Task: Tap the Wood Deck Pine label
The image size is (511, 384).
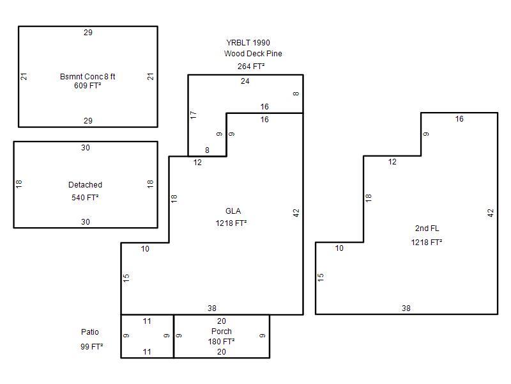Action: coord(253,54)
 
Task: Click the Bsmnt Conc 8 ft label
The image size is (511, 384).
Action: coord(88,77)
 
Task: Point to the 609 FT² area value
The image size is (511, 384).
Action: coord(88,85)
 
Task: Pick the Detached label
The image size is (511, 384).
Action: coord(85,185)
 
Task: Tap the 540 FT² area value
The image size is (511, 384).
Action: coord(85,198)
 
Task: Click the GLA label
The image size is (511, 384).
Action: coord(233,211)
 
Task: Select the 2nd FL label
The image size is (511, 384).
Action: coord(427,228)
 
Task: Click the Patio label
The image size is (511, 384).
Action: coord(90,332)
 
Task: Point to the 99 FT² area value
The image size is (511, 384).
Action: coord(92,346)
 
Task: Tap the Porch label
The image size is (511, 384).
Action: coord(222,332)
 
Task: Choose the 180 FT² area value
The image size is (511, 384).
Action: coord(222,342)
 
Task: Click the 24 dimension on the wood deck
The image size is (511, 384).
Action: coord(245,81)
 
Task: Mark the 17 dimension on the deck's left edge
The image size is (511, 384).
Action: coord(193,115)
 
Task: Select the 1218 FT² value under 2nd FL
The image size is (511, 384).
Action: coord(427,243)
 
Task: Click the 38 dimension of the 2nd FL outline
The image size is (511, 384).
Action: coord(406,308)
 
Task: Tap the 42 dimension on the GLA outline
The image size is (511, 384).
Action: coord(296,212)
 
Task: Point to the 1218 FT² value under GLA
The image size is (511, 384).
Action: coord(231,223)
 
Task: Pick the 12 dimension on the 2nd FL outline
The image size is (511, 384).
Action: coord(392,162)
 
